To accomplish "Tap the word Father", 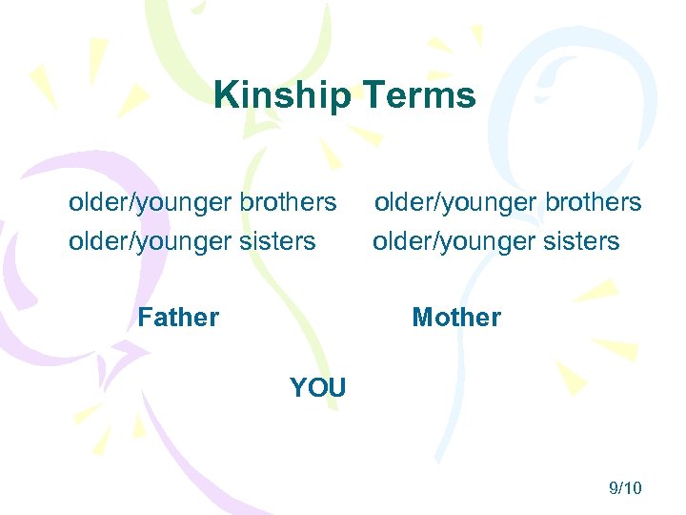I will pyautogui.click(x=178, y=317).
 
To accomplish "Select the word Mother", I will pyautogui.click(x=456, y=317).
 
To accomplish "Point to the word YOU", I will pyautogui.click(x=318, y=388).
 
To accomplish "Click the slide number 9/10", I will pyautogui.click(x=625, y=488).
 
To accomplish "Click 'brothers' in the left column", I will pyautogui.click(x=288, y=202).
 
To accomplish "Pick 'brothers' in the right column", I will pyautogui.click(x=593, y=202).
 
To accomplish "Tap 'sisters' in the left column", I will pyautogui.click(x=277, y=241).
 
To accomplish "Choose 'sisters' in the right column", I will pyautogui.click(x=581, y=241).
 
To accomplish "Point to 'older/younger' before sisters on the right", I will pyautogui.click(x=454, y=242).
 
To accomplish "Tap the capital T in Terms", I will pyautogui.click(x=370, y=95).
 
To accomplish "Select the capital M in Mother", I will pyautogui.click(x=422, y=317).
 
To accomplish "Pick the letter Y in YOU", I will pyautogui.click(x=297, y=388).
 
